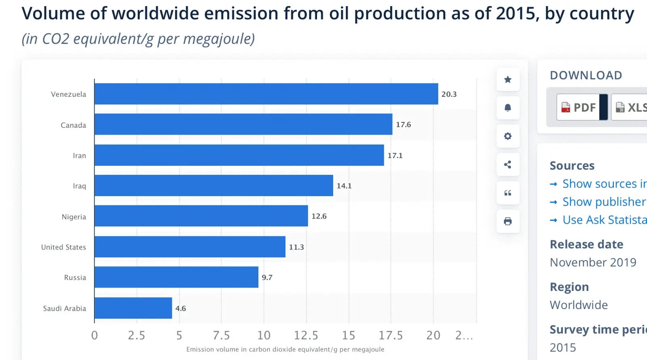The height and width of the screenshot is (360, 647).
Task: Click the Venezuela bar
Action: tap(266, 94)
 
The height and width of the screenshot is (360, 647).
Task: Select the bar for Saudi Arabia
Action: tap(133, 308)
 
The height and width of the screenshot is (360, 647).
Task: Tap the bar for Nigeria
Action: tap(201, 216)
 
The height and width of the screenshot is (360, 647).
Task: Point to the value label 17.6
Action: tap(403, 125)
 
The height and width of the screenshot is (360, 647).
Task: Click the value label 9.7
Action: tap(267, 277)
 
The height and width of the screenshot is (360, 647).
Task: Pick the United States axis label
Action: tap(63, 247)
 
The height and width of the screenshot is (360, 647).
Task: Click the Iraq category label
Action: tap(79, 186)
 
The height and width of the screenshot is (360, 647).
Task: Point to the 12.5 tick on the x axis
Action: tap(306, 335)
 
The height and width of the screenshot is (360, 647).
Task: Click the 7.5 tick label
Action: tap(221, 335)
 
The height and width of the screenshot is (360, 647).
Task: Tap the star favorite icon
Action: tap(508, 80)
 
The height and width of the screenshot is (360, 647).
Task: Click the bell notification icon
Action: tap(508, 108)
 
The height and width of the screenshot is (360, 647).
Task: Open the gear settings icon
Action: tap(508, 136)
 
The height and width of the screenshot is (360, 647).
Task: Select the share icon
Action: tap(508, 165)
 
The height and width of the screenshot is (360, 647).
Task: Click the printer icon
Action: tap(508, 221)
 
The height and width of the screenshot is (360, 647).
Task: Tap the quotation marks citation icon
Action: tap(508, 193)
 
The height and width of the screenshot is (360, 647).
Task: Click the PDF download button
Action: tap(578, 107)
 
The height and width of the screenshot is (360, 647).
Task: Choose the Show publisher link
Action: tap(603, 202)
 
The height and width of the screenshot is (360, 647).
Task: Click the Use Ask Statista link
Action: tap(604, 220)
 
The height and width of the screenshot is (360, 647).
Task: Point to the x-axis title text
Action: tap(285, 349)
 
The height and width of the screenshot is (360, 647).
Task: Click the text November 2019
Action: tap(593, 263)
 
